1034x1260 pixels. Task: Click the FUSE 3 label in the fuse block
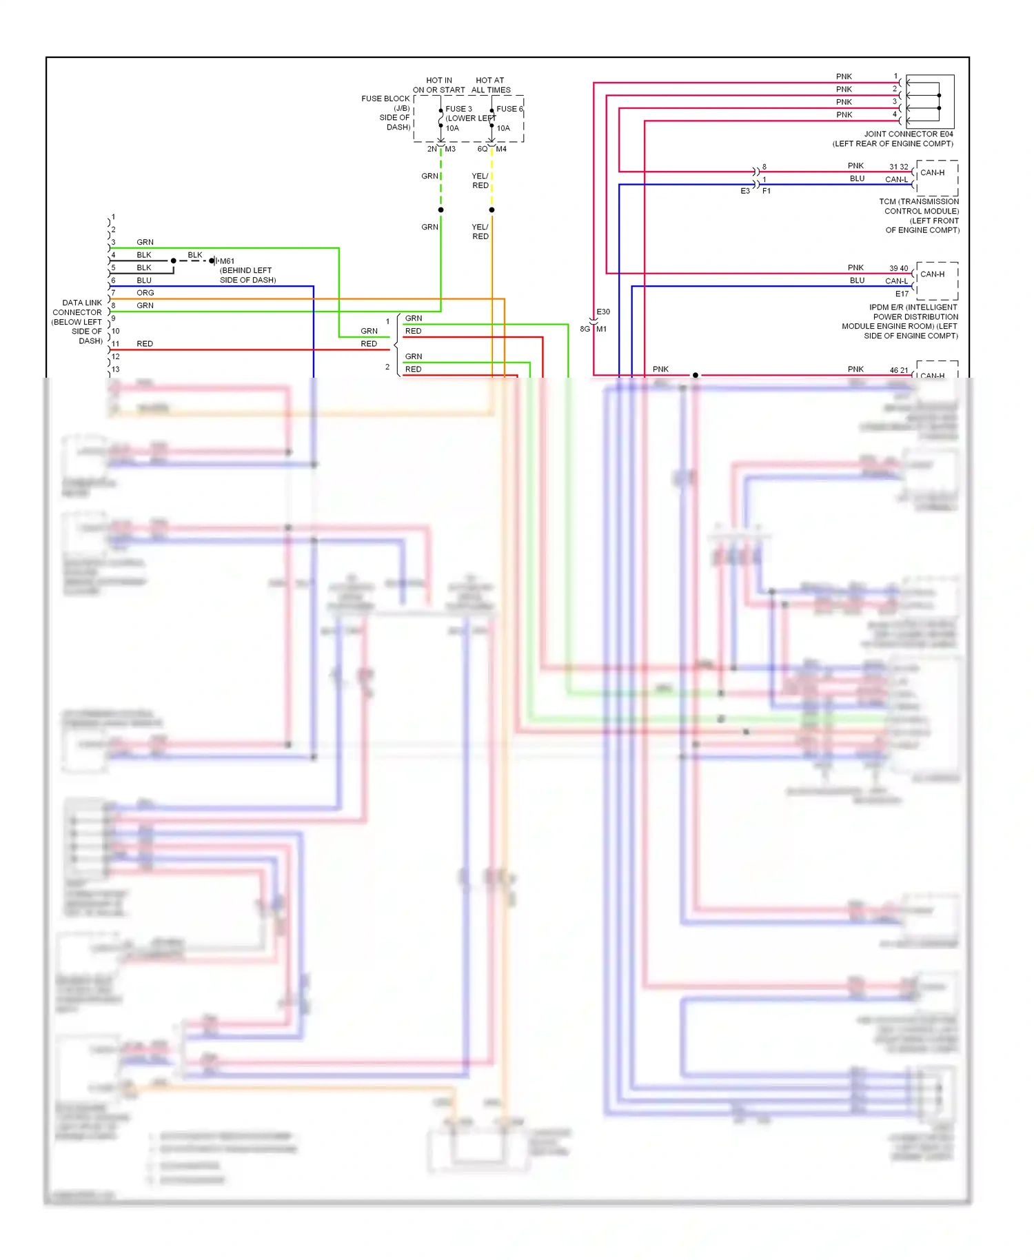click(x=458, y=109)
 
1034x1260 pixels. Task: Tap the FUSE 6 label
click(x=509, y=109)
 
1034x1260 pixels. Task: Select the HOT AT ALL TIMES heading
click(x=491, y=85)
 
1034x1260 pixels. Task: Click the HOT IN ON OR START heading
click(x=438, y=85)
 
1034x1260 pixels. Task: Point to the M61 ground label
click(x=227, y=261)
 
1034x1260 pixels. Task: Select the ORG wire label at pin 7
click(x=145, y=293)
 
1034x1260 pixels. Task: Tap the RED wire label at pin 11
click(x=145, y=343)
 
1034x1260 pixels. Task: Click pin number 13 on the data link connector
click(x=116, y=369)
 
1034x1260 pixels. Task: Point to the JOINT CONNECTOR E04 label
click(x=909, y=134)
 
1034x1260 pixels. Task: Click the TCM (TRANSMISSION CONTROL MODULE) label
click(x=919, y=206)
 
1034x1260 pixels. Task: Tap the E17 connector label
click(x=902, y=294)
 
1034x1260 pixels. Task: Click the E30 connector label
click(x=603, y=312)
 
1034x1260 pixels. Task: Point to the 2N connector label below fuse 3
click(x=432, y=149)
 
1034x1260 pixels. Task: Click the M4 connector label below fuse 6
click(x=501, y=149)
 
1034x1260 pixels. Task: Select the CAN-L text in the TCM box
click(x=896, y=180)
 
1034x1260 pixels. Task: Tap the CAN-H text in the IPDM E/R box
click(x=932, y=274)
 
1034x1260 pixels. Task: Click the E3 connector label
click(x=745, y=191)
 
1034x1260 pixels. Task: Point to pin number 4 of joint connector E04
click(x=895, y=114)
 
